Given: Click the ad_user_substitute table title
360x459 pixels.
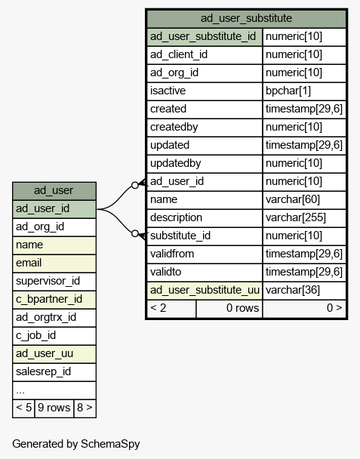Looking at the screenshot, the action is (246, 18).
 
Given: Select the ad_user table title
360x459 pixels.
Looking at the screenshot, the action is (54, 190).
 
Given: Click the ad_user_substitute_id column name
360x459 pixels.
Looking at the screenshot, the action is (203, 36).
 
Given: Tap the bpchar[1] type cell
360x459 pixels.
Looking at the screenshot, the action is (288, 91).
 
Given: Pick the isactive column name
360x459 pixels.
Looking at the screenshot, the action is (168, 91).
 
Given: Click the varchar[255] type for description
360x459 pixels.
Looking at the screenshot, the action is (296, 217).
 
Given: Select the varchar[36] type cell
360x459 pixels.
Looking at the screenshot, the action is (293, 290).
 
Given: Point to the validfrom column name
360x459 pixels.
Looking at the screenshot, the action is (172, 254).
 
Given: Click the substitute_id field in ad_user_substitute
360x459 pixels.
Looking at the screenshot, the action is (180, 236).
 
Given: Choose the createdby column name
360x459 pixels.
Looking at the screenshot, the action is (174, 127).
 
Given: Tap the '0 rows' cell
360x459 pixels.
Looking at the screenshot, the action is (229, 308).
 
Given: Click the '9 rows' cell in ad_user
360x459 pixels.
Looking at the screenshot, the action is (54, 408).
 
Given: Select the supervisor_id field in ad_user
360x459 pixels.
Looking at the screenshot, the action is (48, 281).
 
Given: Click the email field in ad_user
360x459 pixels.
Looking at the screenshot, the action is (29, 263).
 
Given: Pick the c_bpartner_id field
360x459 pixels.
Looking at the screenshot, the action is (49, 299).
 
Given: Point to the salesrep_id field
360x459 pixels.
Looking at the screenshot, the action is (43, 371).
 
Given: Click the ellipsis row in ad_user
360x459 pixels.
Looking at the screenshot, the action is (20, 391).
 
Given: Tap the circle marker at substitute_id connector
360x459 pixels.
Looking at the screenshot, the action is (135, 233).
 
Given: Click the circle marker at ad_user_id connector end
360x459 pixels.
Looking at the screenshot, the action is (135, 185).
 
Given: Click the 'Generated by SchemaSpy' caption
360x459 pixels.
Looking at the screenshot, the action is (76, 444).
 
